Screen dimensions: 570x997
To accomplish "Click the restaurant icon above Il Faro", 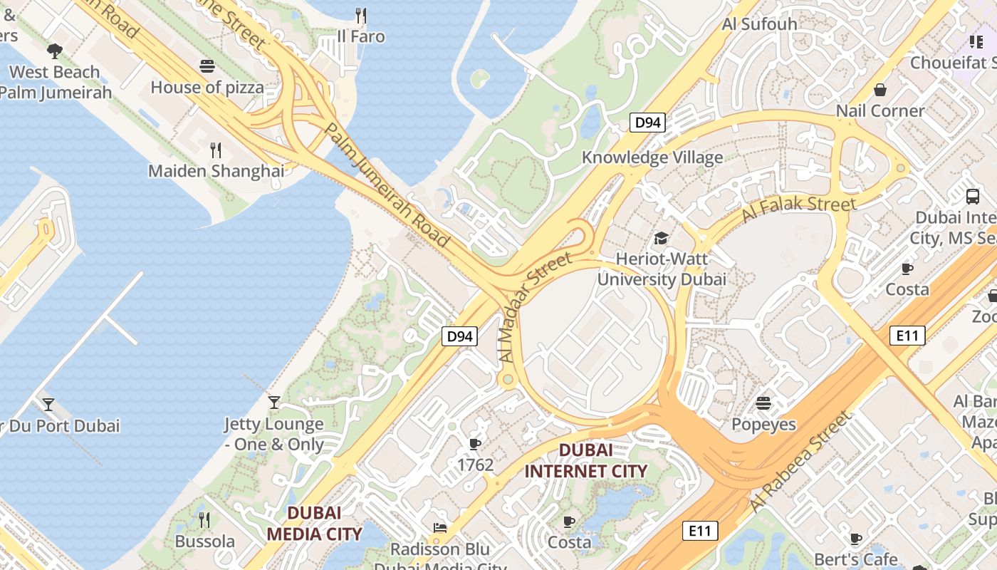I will [x=361, y=15].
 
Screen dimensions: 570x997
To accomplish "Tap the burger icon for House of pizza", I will [x=207, y=66].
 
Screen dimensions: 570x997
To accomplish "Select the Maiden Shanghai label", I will [x=216, y=171].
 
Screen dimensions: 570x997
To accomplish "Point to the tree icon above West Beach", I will [x=54, y=51].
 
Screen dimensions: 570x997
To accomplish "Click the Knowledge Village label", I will [x=652, y=157].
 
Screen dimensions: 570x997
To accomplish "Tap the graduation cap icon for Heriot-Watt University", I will [x=662, y=238].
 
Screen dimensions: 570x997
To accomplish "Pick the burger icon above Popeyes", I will [x=763, y=403].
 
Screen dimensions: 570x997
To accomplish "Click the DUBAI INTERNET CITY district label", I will [x=585, y=460].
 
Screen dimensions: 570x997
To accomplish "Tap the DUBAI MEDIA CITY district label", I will [x=314, y=523].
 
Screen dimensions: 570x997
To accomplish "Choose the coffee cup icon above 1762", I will [x=475, y=445].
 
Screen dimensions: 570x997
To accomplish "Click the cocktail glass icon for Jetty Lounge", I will [x=274, y=403].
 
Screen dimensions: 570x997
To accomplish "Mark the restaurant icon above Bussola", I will [x=204, y=519].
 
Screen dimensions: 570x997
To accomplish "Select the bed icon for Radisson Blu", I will [x=440, y=528].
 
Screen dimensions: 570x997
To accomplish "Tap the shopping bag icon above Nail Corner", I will [x=880, y=90].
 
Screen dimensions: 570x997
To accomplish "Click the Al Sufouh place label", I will [x=759, y=24].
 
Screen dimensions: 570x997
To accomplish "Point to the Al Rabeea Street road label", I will [x=800, y=461].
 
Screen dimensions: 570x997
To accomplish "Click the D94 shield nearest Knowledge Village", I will [x=647, y=123].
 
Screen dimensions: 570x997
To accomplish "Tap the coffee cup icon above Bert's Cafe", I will [x=856, y=539].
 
